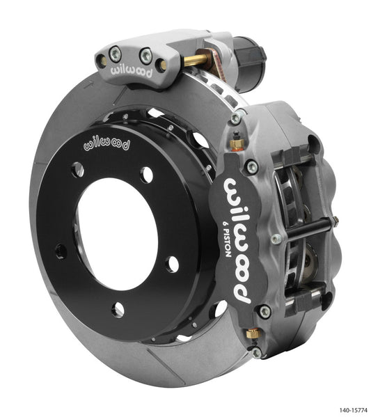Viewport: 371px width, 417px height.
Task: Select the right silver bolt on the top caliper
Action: pyautogui.click(x=147, y=52)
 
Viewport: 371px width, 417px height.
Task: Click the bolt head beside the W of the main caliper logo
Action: pyautogui.click(x=251, y=167)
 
